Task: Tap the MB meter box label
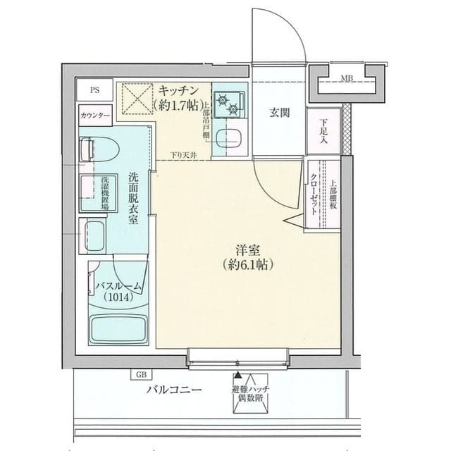point(347,78)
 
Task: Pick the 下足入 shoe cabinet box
point(323,132)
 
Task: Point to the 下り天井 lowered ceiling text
point(184,155)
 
